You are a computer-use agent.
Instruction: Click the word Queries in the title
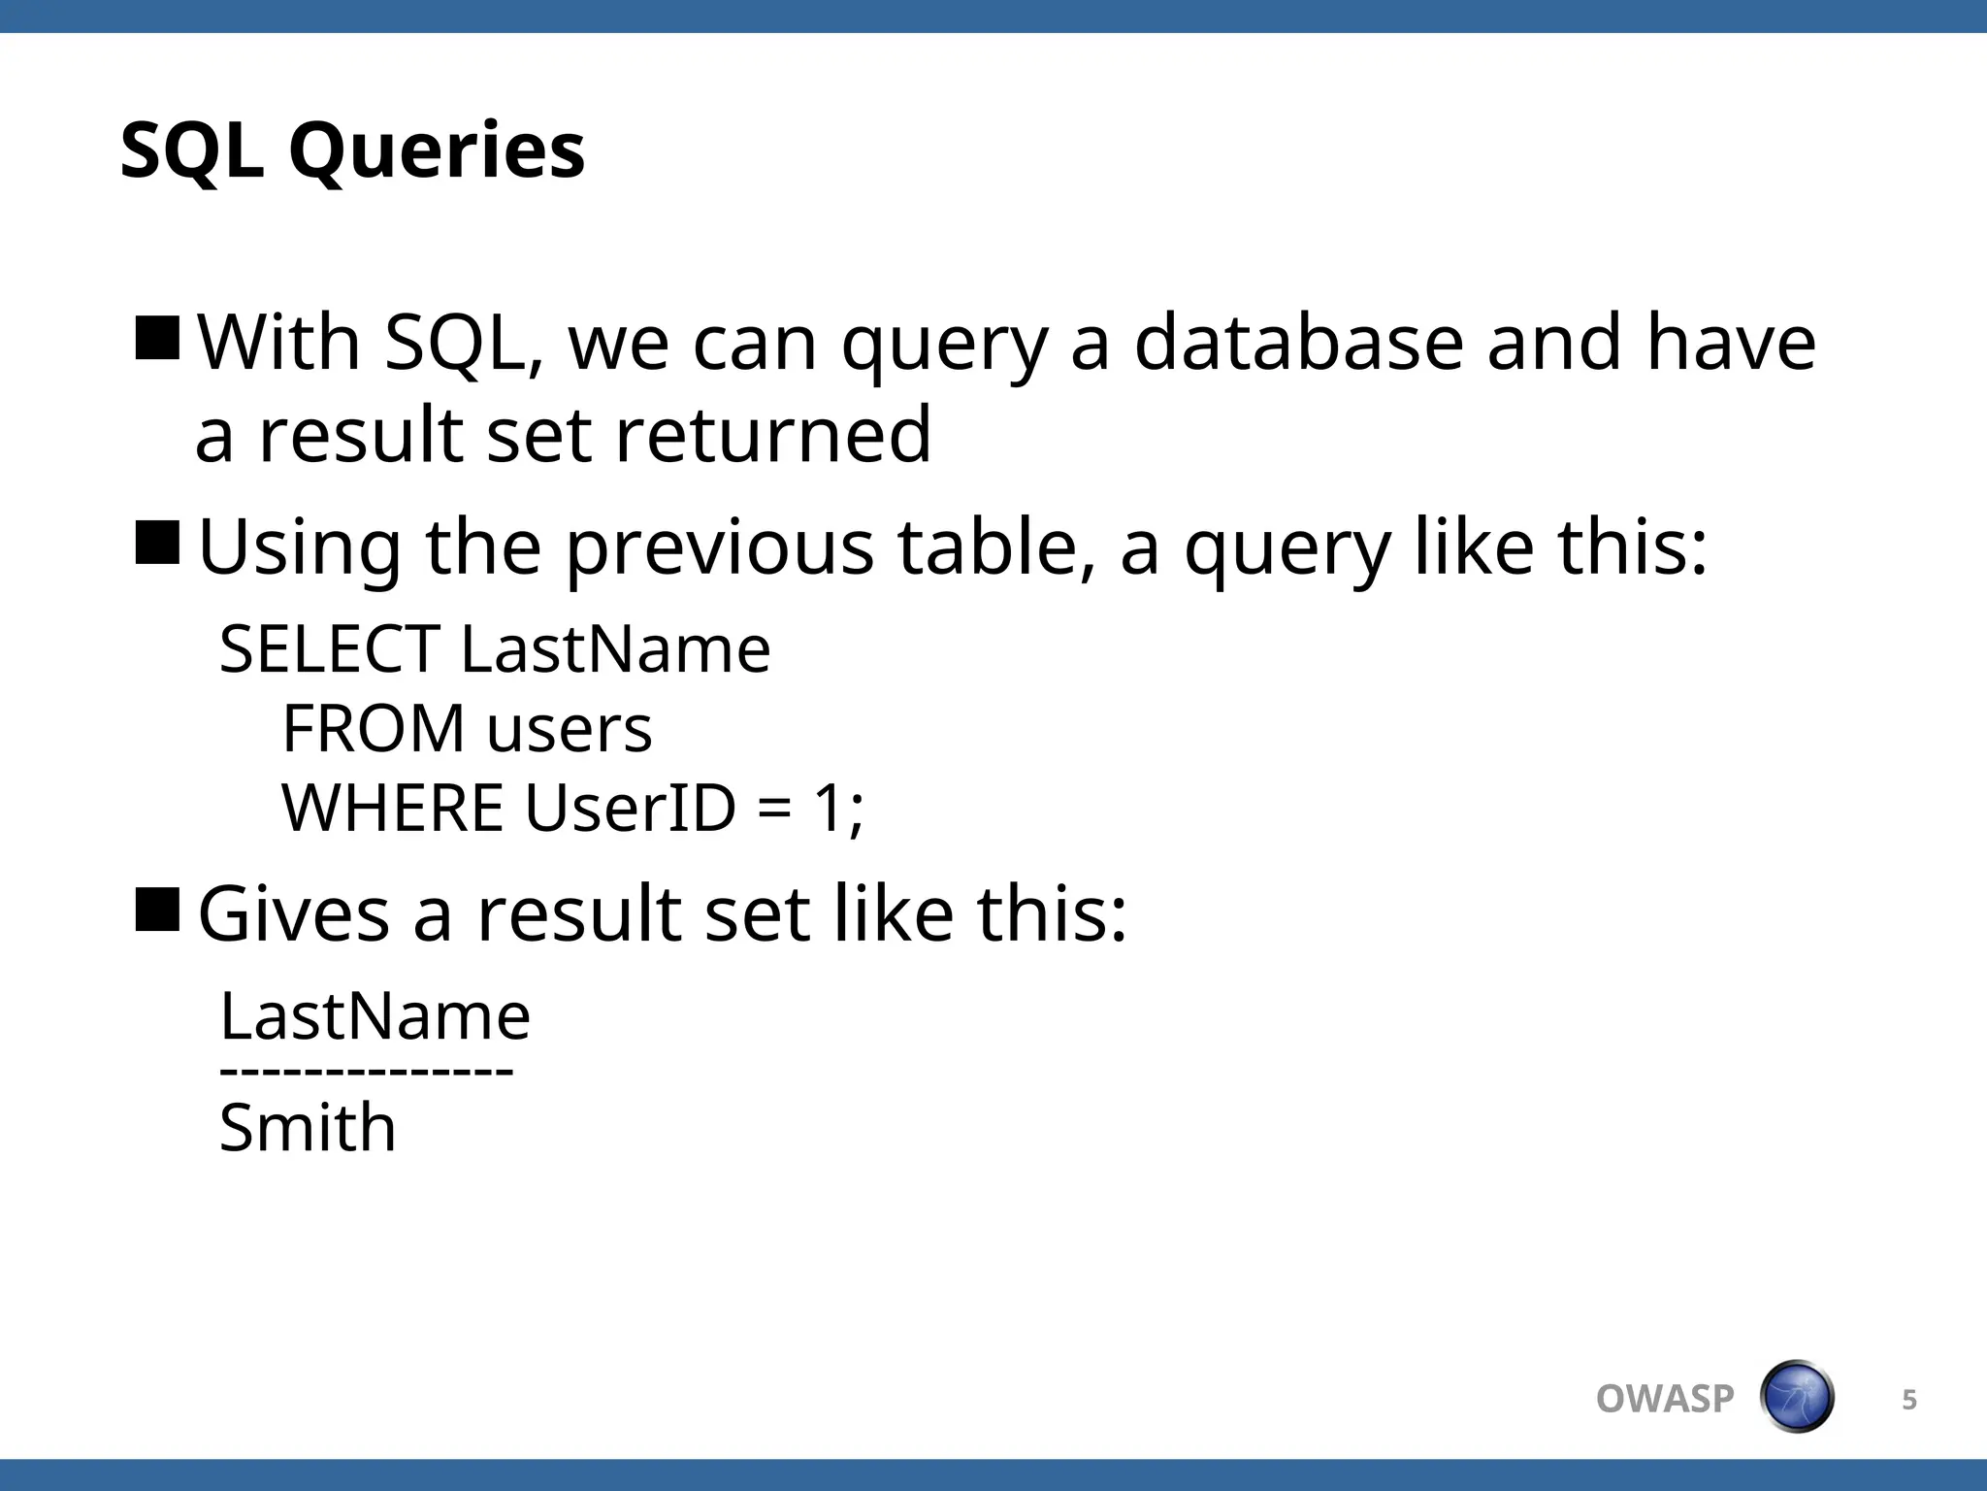(437, 151)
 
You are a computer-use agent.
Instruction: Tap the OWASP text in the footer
(1664, 1399)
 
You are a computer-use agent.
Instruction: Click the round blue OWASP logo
(1796, 1397)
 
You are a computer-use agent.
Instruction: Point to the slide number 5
(1908, 1399)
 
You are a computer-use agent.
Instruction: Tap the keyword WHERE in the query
(392, 808)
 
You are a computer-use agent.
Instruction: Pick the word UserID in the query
(631, 808)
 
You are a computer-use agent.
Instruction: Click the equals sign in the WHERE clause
(774, 810)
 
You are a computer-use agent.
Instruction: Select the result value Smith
(308, 1128)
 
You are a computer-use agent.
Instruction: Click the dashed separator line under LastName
(366, 1072)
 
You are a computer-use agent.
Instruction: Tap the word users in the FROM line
(570, 730)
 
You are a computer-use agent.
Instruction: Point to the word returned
(772, 434)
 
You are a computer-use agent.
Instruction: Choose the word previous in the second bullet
(719, 547)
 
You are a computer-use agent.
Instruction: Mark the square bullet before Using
(157, 543)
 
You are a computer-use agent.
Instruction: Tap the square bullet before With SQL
(157, 338)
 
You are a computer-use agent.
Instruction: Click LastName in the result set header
(375, 1016)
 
